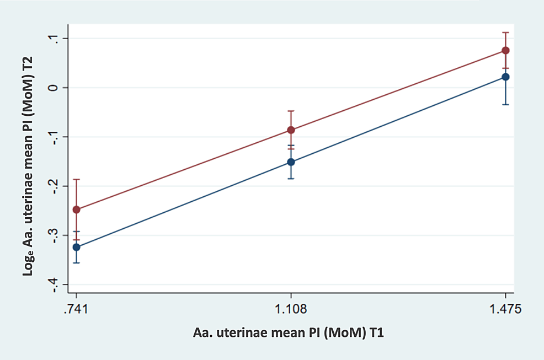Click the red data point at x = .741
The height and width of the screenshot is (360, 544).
pyautogui.click(x=76, y=209)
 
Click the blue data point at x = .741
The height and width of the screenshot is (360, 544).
pyautogui.click(x=76, y=247)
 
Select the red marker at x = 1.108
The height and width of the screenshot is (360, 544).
pyautogui.click(x=291, y=130)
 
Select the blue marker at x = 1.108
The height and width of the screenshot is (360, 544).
pyautogui.click(x=291, y=162)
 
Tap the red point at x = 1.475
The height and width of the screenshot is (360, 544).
pyautogui.click(x=505, y=50)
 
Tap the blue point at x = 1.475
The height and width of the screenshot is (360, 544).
pyautogui.click(x=505, y=77)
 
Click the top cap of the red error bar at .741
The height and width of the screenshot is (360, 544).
pyautogui.click(x=76, y=179)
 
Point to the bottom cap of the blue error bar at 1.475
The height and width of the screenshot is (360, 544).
pyautogui.click(x=505, y=104)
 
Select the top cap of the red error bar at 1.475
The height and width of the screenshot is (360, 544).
pyautogui.click(x=505, y=33)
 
